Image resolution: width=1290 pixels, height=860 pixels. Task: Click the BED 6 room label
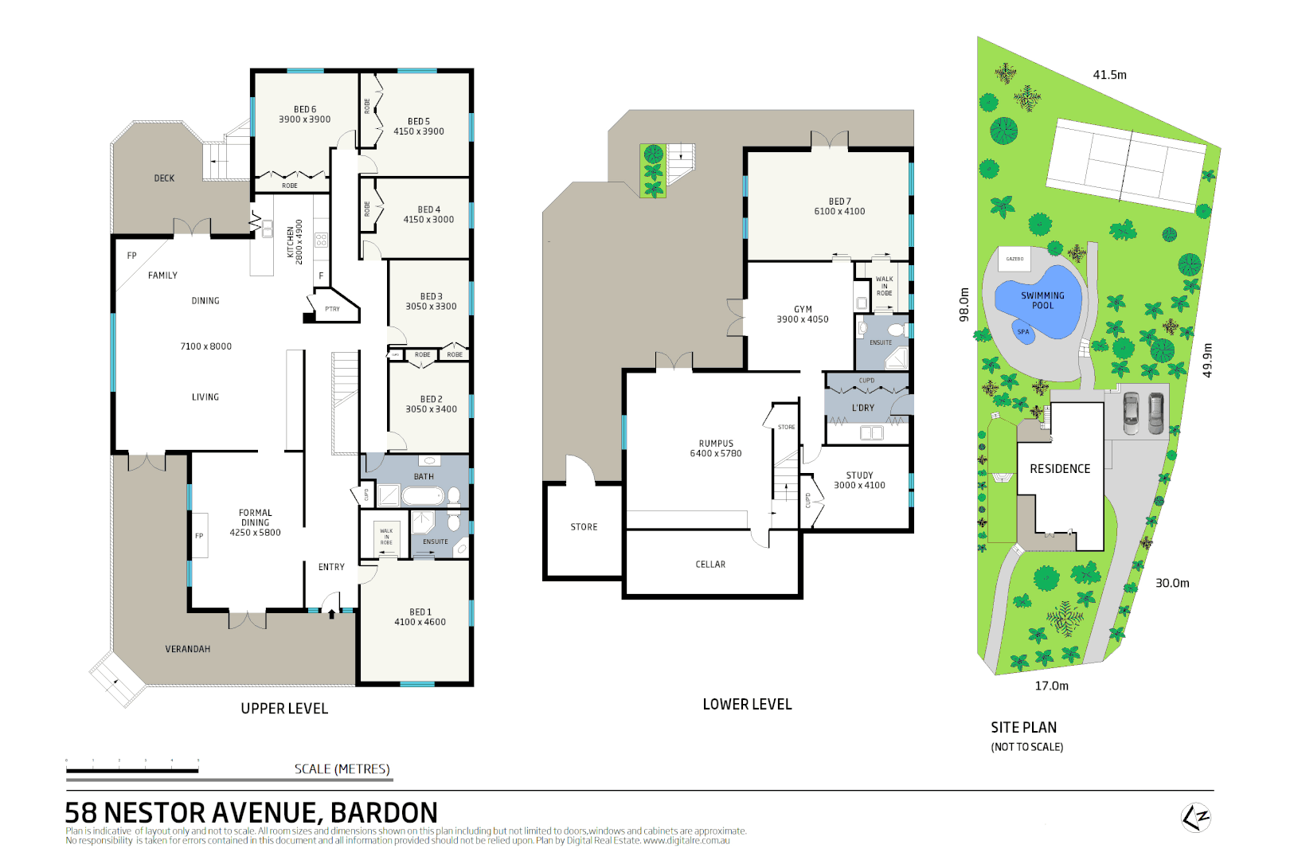[305, 110]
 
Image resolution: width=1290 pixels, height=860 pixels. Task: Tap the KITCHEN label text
[291, 242]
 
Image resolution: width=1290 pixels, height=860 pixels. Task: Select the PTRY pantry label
[332, 309]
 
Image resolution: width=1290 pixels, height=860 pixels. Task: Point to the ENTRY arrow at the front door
[332, 614]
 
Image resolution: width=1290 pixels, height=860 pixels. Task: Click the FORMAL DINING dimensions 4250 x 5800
[255, 533]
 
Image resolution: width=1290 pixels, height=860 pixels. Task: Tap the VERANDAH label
[188, 649]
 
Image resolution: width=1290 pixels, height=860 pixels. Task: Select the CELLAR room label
[710, 565]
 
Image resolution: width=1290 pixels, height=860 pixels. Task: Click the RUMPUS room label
[716, 444]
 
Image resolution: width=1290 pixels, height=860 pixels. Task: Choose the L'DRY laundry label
[863, 408]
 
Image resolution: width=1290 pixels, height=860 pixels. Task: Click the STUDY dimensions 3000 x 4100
[859, 485]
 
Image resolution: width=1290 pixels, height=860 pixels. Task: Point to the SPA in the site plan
[1024, 332]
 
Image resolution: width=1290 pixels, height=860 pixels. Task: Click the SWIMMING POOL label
[1042, 300]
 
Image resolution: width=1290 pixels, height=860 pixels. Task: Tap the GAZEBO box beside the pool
[1014, 259]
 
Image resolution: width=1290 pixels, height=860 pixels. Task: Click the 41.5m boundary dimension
[1109, 75]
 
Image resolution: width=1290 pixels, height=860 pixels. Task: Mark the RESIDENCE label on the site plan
[1060, 469]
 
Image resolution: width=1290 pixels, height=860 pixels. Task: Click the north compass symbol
[1195, 817]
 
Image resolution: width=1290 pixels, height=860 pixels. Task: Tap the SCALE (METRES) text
[342, 769]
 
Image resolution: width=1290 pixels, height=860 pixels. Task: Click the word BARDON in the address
[383, 813]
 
